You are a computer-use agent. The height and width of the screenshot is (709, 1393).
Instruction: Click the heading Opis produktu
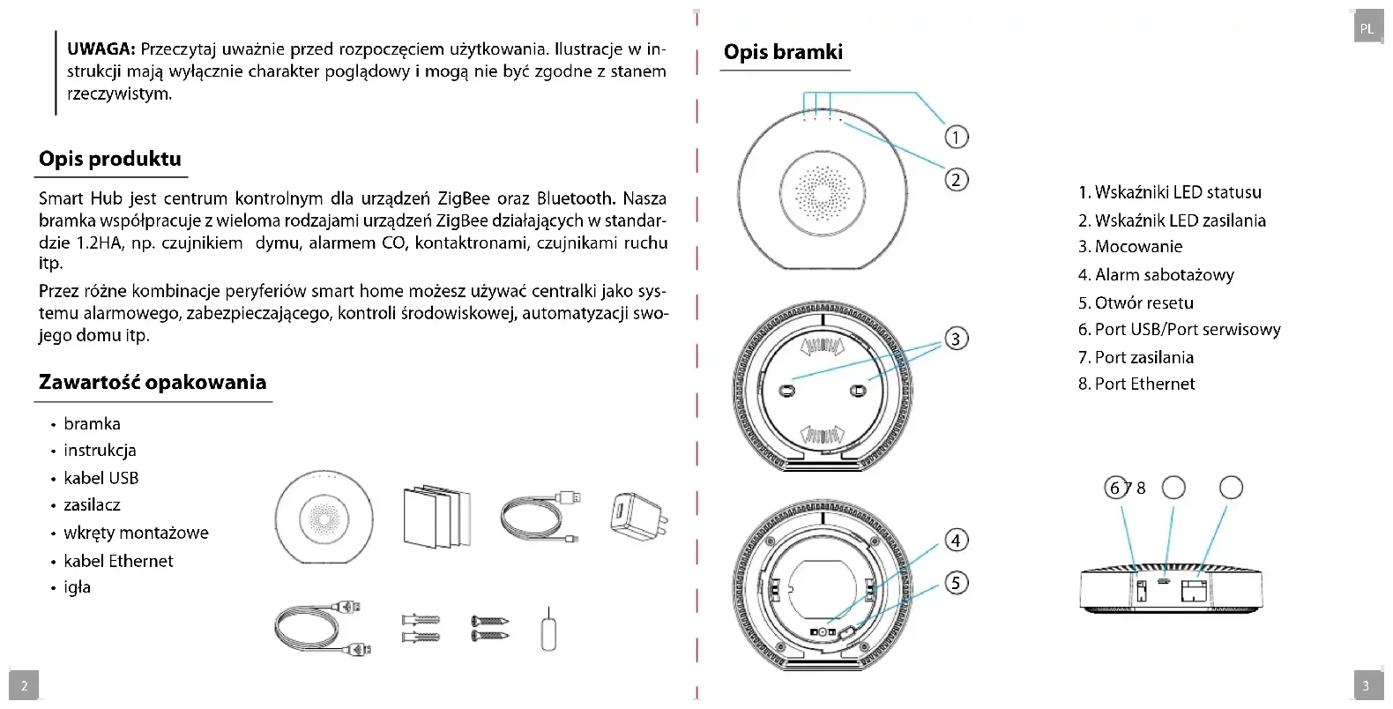pos(109,159)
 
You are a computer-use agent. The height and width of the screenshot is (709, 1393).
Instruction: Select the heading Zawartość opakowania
pos(152,382)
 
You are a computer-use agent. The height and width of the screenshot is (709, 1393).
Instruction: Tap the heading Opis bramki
pos(783,52)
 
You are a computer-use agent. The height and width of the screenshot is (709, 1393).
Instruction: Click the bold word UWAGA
pos(100,49)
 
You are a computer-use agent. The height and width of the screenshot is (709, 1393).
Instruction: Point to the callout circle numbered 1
pos(956,137)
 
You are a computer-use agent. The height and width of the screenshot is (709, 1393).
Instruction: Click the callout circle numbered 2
pos(956,179)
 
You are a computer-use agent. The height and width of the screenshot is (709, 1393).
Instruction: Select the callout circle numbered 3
pos(956,339)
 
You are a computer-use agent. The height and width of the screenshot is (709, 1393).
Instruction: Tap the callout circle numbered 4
pos(956,540)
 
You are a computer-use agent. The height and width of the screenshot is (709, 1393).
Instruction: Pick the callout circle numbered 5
pos(956,583)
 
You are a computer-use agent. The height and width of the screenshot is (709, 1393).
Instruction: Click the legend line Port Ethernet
pos(1136,384)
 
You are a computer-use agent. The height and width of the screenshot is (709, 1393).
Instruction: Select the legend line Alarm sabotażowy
pos(1156,274)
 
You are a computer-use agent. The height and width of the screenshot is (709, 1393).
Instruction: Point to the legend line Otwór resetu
pos(1136,302)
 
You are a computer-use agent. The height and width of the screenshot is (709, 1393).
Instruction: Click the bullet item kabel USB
pos(101,478)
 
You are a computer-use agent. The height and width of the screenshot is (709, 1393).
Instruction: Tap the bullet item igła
pos(77,587)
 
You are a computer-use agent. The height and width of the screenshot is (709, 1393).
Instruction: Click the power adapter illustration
pos(637,516)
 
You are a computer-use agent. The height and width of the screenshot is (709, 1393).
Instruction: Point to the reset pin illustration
pos(548,629)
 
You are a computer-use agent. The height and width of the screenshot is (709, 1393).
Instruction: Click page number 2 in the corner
pos(24,685)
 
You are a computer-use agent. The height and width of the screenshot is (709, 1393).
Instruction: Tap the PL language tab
pos(1367,28)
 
